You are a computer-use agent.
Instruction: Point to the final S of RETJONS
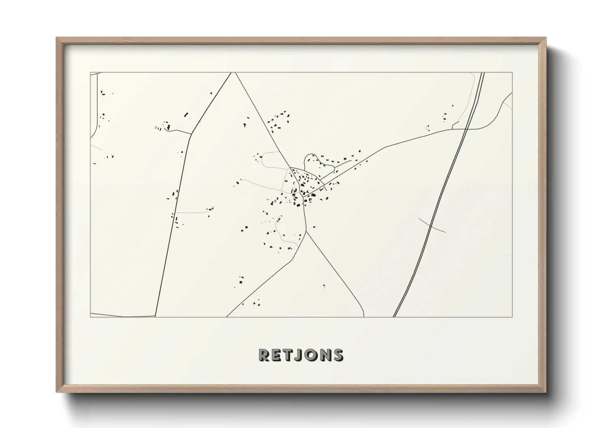[337, 355]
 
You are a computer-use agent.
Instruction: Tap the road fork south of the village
[306, 231]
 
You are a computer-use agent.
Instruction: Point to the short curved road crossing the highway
[432, 225]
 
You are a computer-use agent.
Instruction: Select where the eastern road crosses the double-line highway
[467, 129]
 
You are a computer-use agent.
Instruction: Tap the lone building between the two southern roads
[324, 286]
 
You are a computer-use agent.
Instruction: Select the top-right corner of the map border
[512, 73]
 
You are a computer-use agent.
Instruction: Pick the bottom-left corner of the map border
[90, 317]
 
